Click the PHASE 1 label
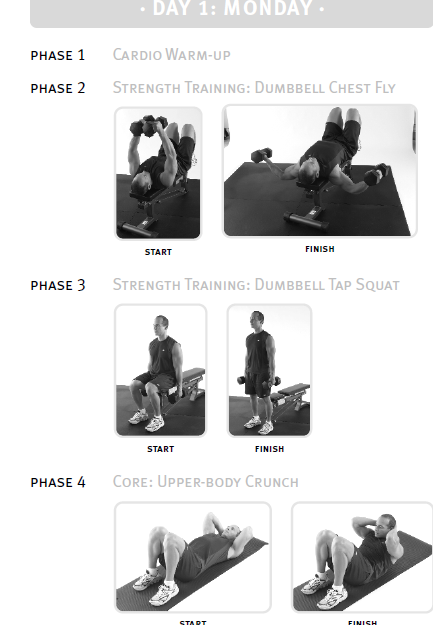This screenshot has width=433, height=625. coord(58,55)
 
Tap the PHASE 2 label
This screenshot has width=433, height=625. coord(58,88)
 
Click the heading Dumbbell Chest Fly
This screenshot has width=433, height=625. coord(325,88)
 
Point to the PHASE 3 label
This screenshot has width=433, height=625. coord(58,285)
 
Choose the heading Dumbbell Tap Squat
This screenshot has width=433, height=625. coord(327,285)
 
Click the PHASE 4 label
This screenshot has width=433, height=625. coord(58,482)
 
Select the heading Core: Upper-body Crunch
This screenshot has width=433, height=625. coord(205,482)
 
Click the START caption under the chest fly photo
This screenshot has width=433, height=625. coord(158,252)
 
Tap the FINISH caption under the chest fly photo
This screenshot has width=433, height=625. coord(320,249)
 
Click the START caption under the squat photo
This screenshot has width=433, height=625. coord(160,449)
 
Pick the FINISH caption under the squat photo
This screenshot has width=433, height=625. coord(269,449)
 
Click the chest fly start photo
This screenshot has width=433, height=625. coord(158,173)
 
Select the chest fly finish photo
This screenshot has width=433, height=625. coord(320,171)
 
